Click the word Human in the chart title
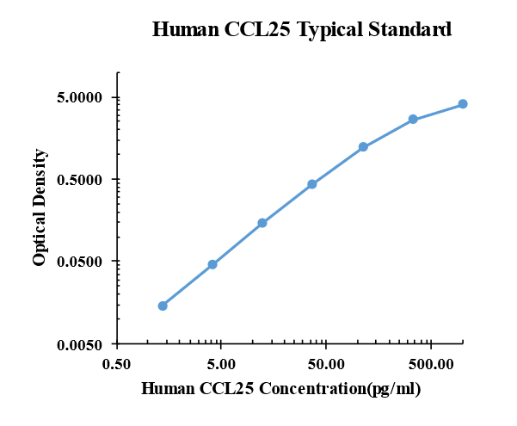(x=184, y=29)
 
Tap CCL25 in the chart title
(x=257, y=29)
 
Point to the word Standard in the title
(x=410, y=29)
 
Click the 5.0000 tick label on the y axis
(x=80, y=97)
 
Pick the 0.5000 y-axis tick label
(x=80, y=180)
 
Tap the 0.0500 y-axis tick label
(x=80, y=262)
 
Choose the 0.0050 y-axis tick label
(x=80, y=344)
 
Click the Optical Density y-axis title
(x=40, y=207)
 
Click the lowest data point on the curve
(x=163, y=306)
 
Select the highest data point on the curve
(x=463, y=104)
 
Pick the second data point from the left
(x=212, y=264)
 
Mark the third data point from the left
(x=262, y=223)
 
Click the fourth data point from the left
(x=312, y=184)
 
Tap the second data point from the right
(x=413, y=119)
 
